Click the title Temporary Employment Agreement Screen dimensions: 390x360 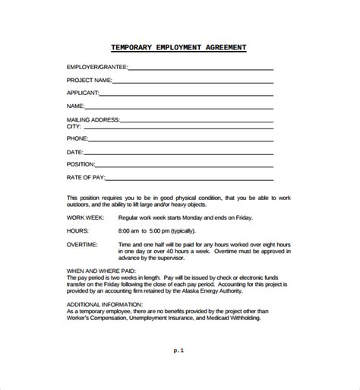pos(179,47)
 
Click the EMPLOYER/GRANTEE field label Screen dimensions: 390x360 pos(95,68)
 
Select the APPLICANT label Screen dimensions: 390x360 pos(84,92)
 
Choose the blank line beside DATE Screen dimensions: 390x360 pos(178,153)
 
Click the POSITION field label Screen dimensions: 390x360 pos(81,164)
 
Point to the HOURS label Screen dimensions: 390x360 pos(77,230)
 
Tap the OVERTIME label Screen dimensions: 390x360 pos(83,244)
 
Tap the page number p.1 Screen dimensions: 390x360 pos(178,352)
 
